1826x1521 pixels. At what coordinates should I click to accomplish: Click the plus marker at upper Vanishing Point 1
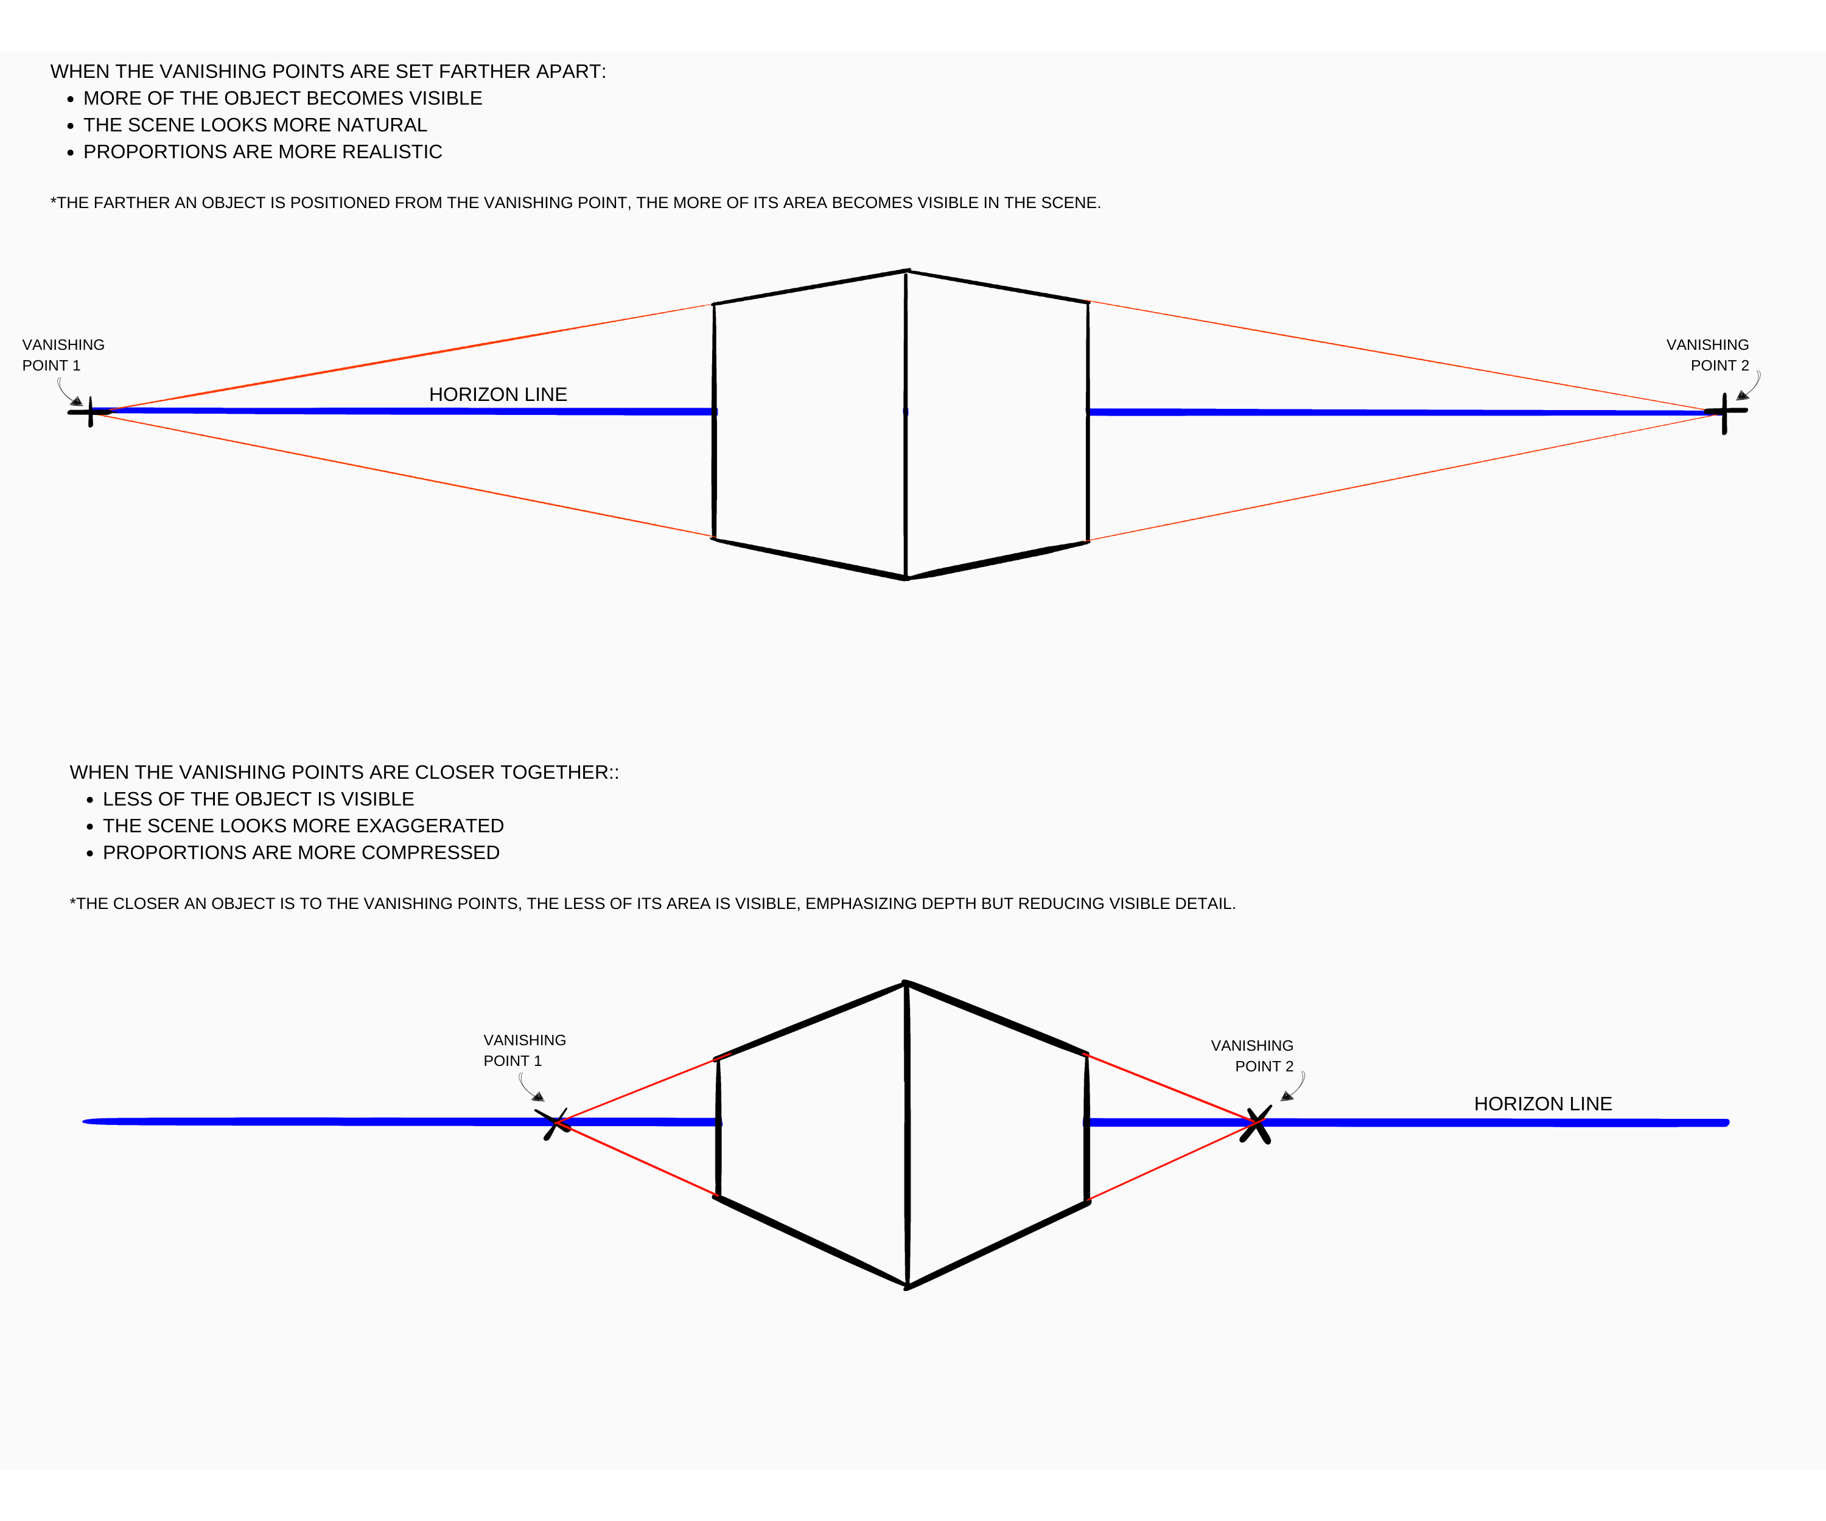point(91,411)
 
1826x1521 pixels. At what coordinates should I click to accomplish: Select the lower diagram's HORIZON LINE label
point(1542,1104)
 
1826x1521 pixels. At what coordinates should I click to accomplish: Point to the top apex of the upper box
point(907,271)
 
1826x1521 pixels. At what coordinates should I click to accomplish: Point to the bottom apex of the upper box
point(906,578)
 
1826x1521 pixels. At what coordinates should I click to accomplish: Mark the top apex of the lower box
point(906,983)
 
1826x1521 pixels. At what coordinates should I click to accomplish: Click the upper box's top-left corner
point(714,304)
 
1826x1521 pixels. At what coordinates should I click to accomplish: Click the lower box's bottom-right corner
point(1088,1203)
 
